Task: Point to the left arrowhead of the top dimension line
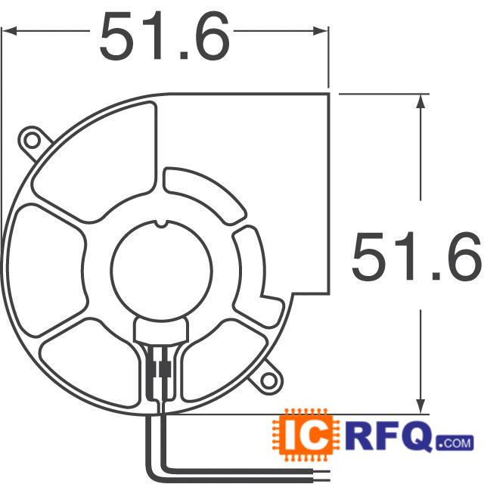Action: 11,31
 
